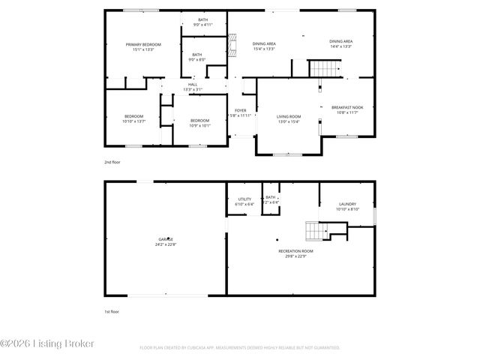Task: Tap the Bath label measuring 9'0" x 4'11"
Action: (203, 22)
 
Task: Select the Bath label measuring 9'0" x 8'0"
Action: (196, 57)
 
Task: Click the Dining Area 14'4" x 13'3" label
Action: (340, 43)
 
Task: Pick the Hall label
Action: (193, 87)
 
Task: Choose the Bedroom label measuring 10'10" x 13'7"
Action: (134, 118)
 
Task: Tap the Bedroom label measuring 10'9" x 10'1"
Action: (199, 123)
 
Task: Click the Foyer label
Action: (240, 113)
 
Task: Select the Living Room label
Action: (289, 119)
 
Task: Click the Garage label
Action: (165, 241)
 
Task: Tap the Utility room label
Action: (244, 201)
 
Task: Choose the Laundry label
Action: (347, 207)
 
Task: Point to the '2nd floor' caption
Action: (112, 162)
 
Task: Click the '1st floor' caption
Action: (111, 311)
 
